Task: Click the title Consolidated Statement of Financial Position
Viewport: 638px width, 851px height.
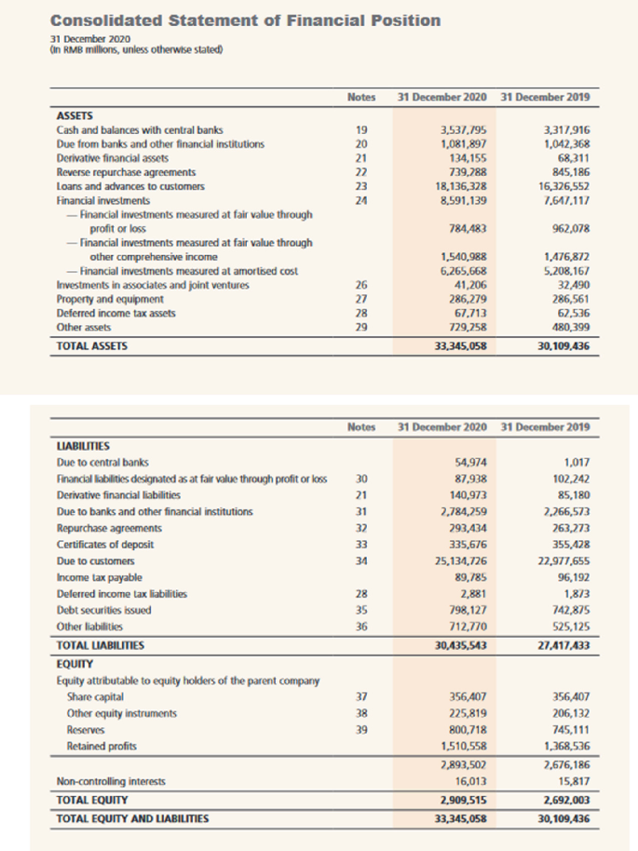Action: click(x=246, y=20)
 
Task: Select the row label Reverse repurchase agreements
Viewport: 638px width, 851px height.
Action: click(x=127, y=172)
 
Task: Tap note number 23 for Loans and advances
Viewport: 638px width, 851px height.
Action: click(x=361, y=186)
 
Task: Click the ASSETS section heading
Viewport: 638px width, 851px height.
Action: click(x=77, y=115)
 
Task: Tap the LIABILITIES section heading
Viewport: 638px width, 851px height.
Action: click(x=84, y=446)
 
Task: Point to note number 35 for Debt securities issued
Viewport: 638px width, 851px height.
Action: click(x=361, y=611)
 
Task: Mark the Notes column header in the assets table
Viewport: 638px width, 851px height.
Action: click(x=360, y=97)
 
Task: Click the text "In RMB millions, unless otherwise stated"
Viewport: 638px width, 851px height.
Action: click(x=136, y=49)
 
